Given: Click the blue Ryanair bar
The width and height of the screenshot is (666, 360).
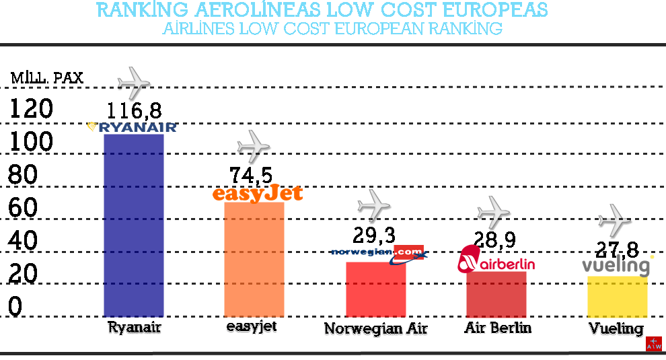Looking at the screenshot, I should tap(134, 225).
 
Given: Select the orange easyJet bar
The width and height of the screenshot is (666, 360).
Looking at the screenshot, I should tap(254, 259).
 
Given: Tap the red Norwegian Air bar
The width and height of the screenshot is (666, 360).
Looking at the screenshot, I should tap(375, 289).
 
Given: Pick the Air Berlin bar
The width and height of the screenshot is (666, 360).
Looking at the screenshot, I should tap(496, 294).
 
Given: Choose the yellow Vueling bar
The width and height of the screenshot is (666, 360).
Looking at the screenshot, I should tap(618, 296).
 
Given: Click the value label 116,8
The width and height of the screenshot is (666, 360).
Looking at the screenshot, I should tap(134, 110).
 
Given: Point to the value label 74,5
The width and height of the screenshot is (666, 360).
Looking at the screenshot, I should tap(251, 175).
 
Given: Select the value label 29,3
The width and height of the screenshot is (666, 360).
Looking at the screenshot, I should tap(374, 235).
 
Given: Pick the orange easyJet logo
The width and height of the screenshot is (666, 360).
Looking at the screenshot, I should tap(257, 194).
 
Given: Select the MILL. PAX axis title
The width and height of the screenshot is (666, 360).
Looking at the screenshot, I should tap(47, 78).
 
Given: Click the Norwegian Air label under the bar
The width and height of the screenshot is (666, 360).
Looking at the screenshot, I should tap(375, 329).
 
